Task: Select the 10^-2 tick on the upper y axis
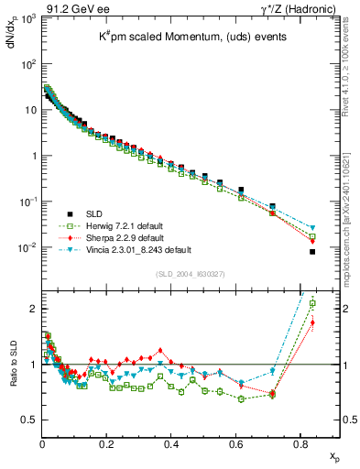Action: [27, 247]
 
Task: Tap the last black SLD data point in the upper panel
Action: [312, 252]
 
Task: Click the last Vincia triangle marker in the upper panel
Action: [312, 227]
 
